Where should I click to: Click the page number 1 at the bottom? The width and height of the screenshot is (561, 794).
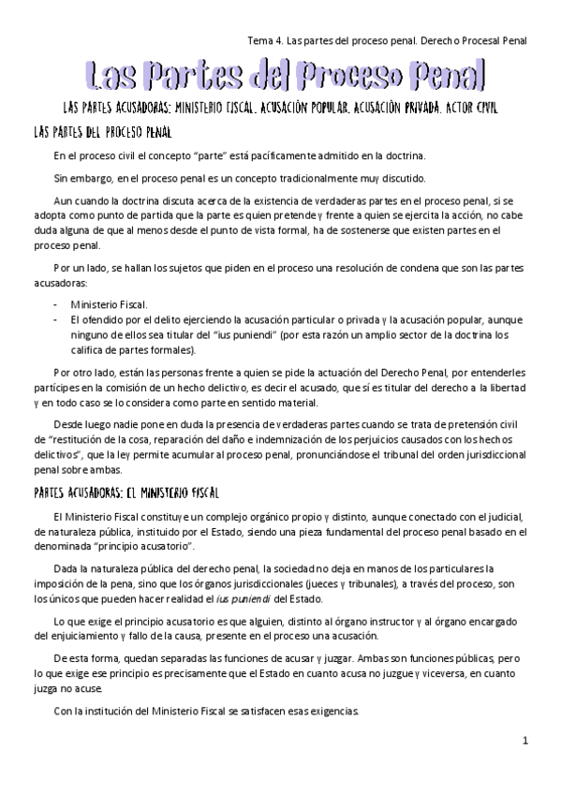click(526, 742)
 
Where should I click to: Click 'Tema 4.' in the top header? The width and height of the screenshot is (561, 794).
click(266, 40)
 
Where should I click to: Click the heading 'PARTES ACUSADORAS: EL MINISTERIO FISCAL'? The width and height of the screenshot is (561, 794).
click(125, 493)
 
